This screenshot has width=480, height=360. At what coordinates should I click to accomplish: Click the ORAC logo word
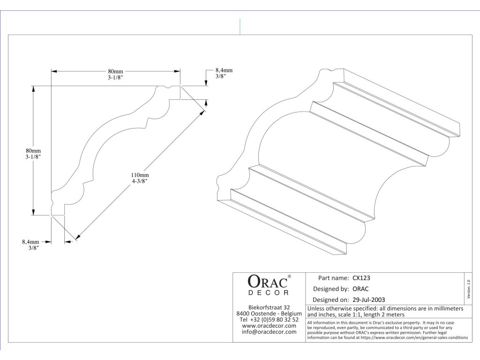pos(267,282)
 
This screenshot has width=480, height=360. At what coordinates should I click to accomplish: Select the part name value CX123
pos(361,277)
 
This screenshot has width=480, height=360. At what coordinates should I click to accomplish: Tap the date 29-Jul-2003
pos(368,300)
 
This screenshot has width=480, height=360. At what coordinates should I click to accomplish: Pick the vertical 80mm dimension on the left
pos(33,150)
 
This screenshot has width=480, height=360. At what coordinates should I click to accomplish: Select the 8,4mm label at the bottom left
pos(30,242)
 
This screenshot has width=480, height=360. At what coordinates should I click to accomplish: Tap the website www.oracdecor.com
pos(269,326)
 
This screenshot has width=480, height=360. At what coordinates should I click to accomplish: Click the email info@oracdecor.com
pos(269,332)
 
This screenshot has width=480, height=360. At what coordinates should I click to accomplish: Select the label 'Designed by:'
pos(330,289)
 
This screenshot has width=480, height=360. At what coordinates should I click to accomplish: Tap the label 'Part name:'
pos(333,277)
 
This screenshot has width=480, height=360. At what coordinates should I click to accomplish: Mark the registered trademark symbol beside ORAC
pos(289,277)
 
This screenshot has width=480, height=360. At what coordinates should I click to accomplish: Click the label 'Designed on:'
pos(330,300)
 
